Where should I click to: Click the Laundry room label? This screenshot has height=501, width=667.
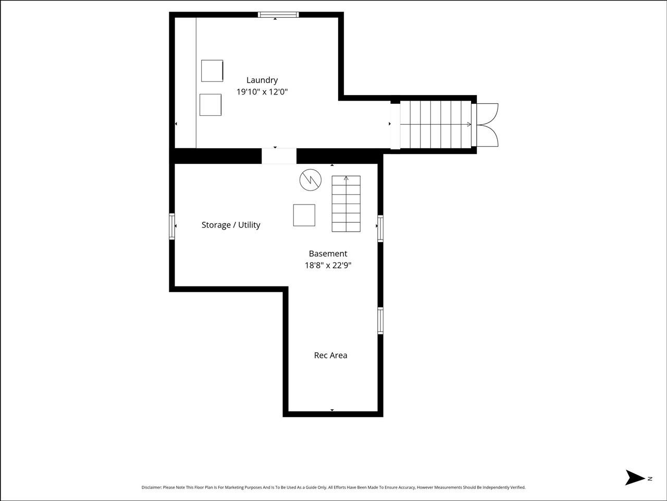point(262,80)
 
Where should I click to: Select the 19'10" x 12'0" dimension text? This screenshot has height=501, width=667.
point(262,92)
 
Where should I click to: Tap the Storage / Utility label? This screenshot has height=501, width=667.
point(231,225)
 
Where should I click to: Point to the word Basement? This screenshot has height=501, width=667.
point(328,254)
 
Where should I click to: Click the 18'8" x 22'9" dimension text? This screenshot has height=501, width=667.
point(328,265)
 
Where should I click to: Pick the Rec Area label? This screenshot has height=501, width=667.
point(330,355)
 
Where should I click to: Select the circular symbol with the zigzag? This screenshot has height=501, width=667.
point(310,180)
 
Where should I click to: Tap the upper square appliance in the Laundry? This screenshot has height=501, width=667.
point(212,70)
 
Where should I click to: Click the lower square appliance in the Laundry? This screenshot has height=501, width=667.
point(211,104)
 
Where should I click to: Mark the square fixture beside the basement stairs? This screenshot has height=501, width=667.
point(304,215)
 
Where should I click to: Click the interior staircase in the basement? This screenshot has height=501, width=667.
point(346,204)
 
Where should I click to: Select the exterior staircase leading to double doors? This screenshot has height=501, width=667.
point(435,124)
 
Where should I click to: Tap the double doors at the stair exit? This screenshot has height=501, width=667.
point(488,124)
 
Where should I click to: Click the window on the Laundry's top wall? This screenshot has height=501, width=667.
point(278,15)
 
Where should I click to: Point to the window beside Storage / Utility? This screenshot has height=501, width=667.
point(171,226)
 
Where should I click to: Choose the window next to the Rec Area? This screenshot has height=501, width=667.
point(380,320)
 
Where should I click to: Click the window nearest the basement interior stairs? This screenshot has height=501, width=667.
point(380,229)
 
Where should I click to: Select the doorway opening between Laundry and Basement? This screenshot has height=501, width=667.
point(279,156)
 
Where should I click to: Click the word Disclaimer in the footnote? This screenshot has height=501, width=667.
point(151,487)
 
